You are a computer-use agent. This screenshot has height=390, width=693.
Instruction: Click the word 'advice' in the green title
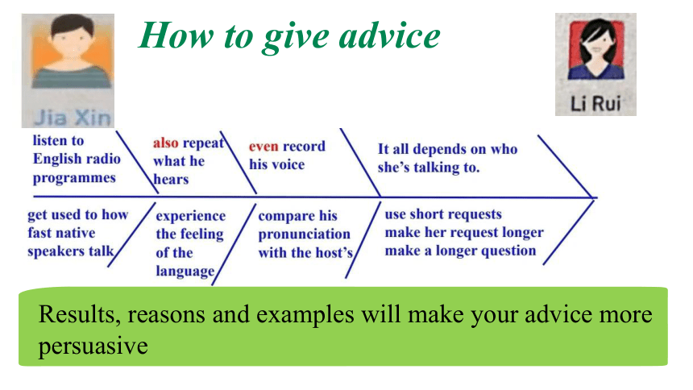[389, 35]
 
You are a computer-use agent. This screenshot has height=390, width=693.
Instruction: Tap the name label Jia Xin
[73, 118]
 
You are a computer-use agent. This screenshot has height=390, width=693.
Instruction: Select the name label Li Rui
[595, 104]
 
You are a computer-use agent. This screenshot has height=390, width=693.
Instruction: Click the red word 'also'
[166, 143]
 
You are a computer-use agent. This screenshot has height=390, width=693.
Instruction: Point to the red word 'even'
[264, 147]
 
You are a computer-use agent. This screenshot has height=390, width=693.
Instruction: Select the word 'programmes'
[74, 178]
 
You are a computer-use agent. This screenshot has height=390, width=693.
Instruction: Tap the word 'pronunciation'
[304, 234]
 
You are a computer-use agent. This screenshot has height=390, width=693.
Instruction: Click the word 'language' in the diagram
[185, 271]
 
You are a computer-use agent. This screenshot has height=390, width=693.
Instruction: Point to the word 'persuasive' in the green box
[93, 346]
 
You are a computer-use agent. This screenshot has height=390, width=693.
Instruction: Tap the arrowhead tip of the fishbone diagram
[595, 197]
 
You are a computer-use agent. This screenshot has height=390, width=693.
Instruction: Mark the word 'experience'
[191, 216]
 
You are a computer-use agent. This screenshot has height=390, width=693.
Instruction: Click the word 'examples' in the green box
[305, 315]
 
